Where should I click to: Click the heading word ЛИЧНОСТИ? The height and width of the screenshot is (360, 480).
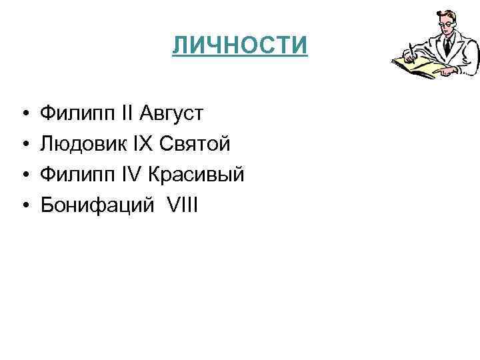(240, 46)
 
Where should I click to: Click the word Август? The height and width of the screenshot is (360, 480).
(172, 113)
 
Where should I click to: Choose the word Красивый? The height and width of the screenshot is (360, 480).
(196, 175)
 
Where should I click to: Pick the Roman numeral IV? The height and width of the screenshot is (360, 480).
(130, 175)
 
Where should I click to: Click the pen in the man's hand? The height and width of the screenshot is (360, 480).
(412, 53)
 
